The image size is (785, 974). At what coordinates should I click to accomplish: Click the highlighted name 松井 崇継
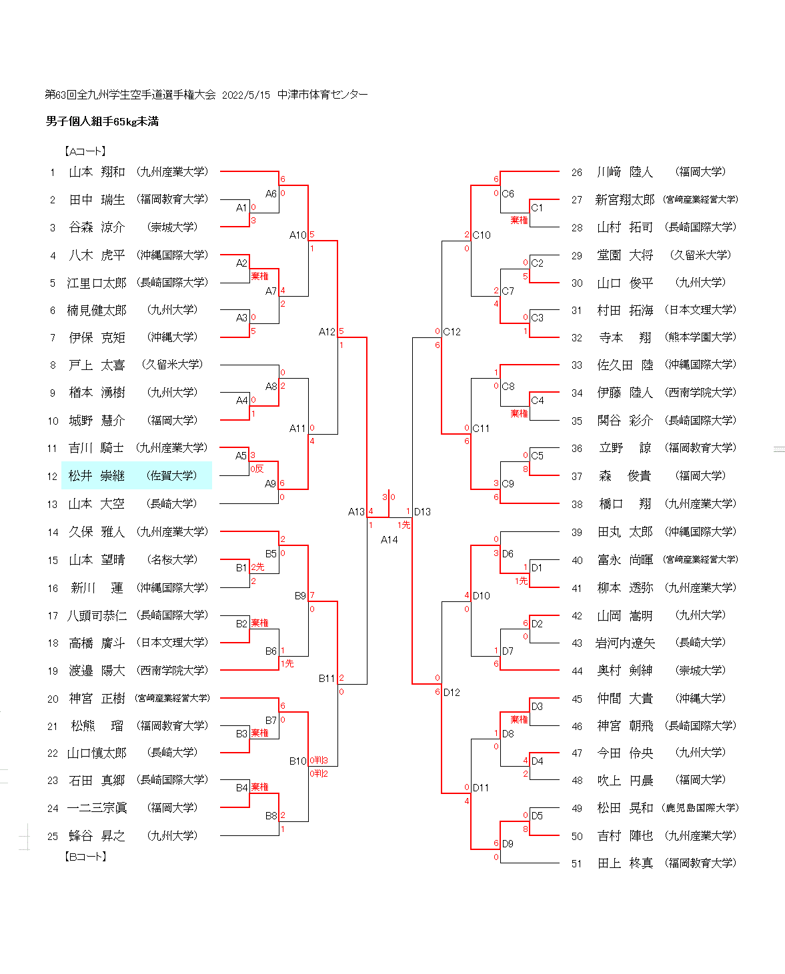pos(97,475)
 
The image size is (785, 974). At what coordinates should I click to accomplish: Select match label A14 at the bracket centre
pos(389,539)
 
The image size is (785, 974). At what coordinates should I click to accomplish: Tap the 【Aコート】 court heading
pos(85,151)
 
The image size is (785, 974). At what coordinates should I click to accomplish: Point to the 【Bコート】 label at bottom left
pos(85,856)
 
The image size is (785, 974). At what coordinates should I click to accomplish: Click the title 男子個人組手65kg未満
pos(102,121)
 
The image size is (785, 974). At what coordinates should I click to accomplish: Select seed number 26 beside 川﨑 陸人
pos(576,172)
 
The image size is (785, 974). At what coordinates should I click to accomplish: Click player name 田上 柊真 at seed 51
pos(625,863)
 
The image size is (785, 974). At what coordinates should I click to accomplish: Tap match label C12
pos(452,331)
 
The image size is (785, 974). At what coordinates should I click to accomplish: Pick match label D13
pos(422,512)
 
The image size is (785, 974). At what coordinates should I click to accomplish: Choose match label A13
pos(356,512)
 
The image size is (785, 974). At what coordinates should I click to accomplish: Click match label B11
pos(327,678)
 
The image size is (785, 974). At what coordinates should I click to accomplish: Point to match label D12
pos(452,692)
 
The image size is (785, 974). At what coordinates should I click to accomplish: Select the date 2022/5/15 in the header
pos(246,95)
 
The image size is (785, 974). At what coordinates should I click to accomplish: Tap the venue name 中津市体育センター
pos(323,95)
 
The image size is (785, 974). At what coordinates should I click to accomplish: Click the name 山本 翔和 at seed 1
pos(97,172)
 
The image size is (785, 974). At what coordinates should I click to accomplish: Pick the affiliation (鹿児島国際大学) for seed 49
pos(700,808)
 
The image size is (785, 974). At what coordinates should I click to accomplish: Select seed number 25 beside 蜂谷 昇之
pos(53,836)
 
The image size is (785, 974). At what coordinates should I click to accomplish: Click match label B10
pos(297,761)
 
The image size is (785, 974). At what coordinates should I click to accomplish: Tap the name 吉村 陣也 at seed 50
pos(625,836)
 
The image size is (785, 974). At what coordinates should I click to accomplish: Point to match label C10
pos(481,235)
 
